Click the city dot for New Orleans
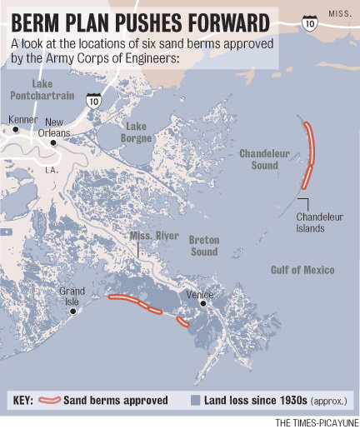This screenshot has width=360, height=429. click(x=52, y=142)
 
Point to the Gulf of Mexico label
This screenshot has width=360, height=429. click(x=302, y=270)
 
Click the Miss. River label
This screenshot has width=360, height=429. click(x=154, y=237)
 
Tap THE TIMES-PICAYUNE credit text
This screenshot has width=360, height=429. click(x=315, y=422)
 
